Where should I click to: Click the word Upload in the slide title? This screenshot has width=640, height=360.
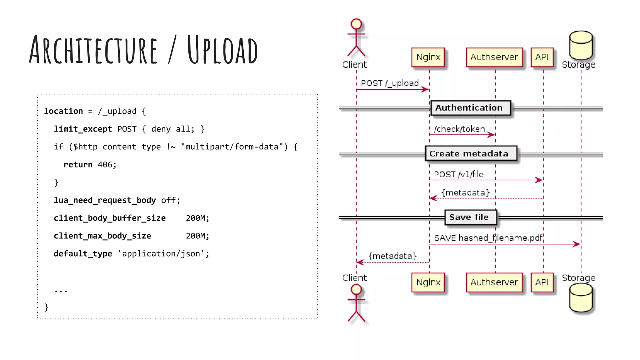(222, 50)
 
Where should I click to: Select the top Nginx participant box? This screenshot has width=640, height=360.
(428, 57)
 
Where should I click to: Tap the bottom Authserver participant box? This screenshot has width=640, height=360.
(494, 282)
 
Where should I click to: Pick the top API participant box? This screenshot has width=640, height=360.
(542, 57)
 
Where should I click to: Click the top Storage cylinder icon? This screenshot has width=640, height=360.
(581, 45)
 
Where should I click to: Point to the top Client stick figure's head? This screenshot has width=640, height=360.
(356, 24)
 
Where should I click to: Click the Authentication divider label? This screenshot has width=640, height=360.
(469, 108)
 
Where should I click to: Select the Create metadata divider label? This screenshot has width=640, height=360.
(469, 154)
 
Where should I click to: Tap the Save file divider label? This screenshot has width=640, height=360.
(469, 217)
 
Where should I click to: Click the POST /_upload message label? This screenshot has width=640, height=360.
(390, 83)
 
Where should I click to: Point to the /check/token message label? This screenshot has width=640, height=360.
(459, 129)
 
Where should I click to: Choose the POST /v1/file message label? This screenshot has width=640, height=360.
(458, 174)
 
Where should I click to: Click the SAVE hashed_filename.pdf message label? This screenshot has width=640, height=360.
(488, 238)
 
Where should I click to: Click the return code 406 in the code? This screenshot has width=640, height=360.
(107, 165)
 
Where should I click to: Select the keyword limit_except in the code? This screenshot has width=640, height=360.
(82, 129)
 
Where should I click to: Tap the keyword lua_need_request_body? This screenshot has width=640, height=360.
(105, 200)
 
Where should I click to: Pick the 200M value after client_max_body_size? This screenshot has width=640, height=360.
(197, 236)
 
